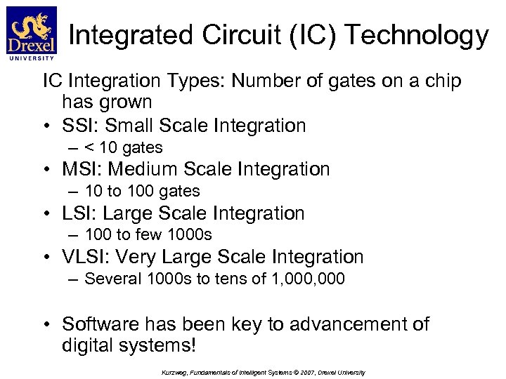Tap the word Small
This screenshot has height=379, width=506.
point(131,126)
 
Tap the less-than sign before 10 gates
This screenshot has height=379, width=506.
point(89,147)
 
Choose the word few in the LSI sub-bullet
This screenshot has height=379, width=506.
point(150,234)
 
